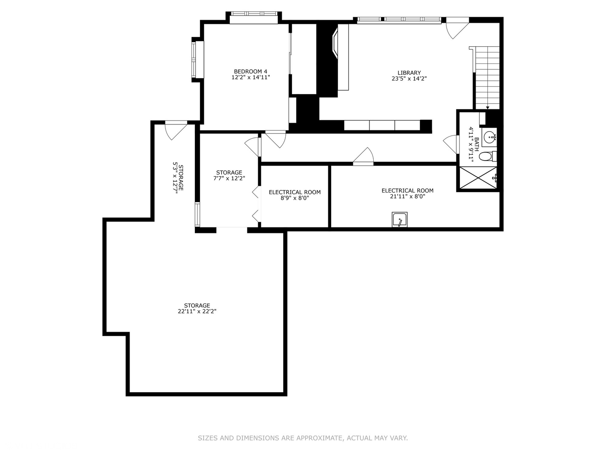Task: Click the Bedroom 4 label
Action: pos(250,71)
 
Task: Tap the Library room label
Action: pos(409,73)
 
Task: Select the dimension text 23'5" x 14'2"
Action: pos(409,79)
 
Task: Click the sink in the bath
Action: pos(489,137)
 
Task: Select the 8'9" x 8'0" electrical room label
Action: pos(295,195)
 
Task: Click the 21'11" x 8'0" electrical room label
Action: pos(407,193)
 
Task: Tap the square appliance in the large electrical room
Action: pos(400,220)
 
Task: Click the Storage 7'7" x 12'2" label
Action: pos(229,175)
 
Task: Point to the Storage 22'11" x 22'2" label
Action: pos(197,309)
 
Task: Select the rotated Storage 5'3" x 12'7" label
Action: pos(177,178)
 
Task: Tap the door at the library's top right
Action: pos(457,27)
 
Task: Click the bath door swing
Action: pos(452,144)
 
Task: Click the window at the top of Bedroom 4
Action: pos(254,17)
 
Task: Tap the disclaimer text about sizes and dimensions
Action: pos(303,438)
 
